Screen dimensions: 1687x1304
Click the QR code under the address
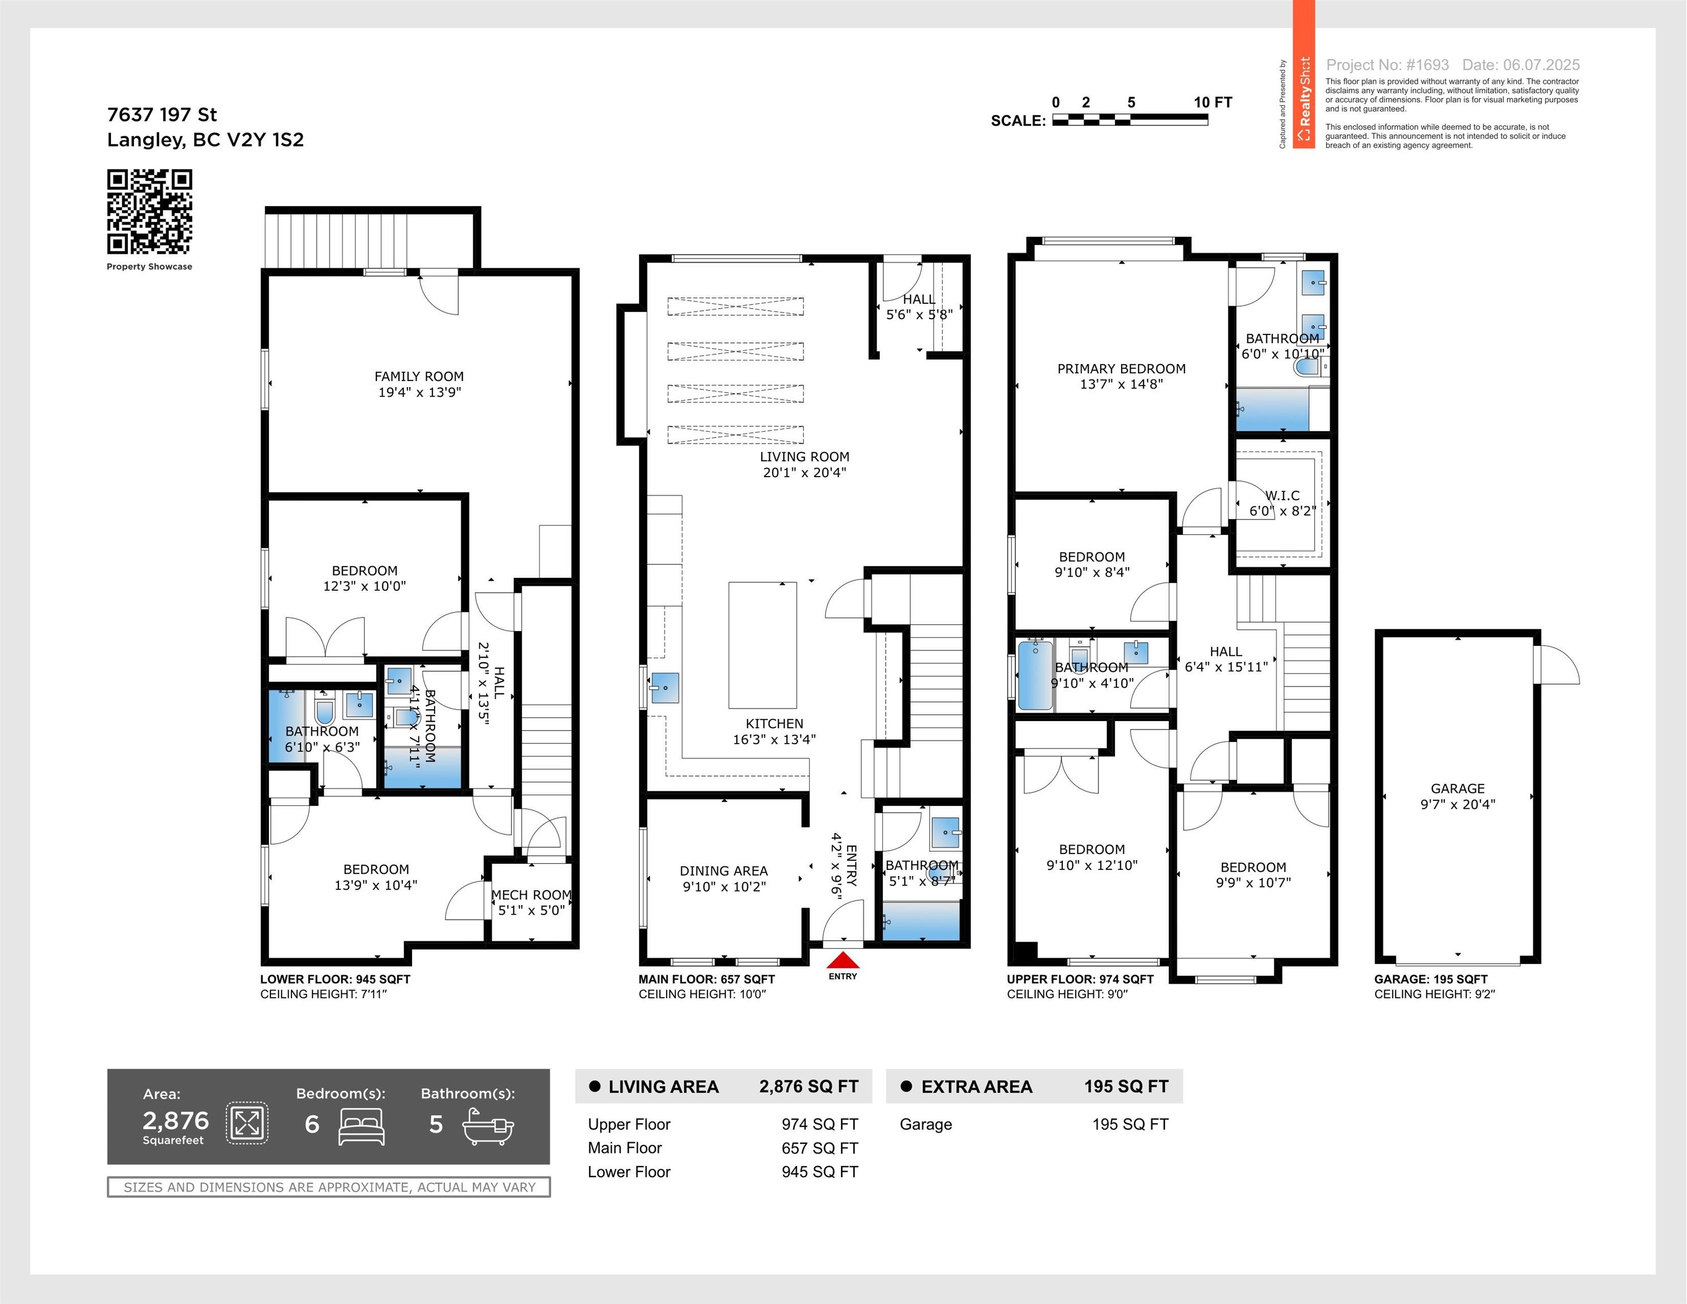pos(149,212)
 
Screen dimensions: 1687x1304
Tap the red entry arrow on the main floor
pos(843,960)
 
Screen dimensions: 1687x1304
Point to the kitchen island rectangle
pos(762,645)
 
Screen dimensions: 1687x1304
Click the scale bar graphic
pos(1130,120)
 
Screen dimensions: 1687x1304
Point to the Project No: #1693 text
pos(1387,65)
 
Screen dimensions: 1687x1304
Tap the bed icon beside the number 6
pos(362,1127)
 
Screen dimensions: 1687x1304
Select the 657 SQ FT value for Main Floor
pos(819,1148)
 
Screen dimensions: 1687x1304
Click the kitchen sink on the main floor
pos(664,688)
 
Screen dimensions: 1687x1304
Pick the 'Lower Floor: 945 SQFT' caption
pos(335,979)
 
